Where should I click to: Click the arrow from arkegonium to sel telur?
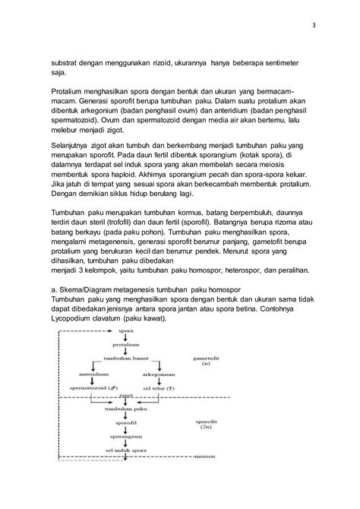click(169, 381)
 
